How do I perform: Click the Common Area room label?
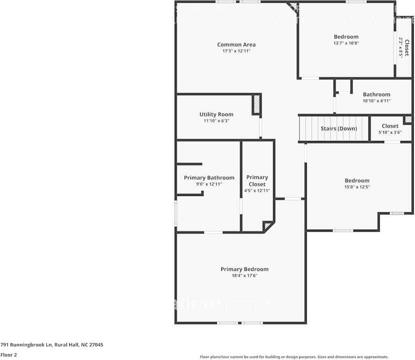236,45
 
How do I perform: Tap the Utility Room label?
216,114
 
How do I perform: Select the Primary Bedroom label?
244,269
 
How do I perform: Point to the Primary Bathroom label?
209,178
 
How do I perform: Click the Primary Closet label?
257,181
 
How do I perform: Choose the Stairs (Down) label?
339,128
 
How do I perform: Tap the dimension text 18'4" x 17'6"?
244,276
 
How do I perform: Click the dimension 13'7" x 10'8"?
346,43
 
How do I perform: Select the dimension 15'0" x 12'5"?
357,187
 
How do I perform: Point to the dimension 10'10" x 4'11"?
376,101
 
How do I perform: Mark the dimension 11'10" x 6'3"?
216,121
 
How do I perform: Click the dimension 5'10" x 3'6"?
390,132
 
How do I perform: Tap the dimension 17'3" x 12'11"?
236,51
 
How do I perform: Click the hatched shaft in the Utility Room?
257,104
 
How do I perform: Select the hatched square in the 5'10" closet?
408,119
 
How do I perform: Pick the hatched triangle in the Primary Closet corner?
267,226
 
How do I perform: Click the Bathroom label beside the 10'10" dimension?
376,94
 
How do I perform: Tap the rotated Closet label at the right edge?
406,47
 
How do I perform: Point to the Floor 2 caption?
9,355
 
